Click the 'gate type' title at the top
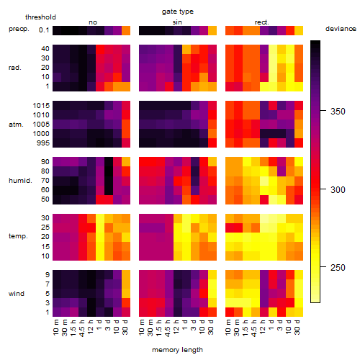coord(178,12)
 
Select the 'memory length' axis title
coord(177,350)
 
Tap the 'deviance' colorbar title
coord(341,29)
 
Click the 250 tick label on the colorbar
coord(338,267)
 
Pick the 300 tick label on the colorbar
coord(338,190)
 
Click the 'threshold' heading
coord(40,17)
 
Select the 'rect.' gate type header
coord(262,22)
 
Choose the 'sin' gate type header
coord(177,22)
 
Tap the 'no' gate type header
coord(93,22)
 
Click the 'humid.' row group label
coord(20,181)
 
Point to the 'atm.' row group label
coord(16,125)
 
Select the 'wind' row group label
coord(17,294)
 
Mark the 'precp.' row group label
coord(19,29)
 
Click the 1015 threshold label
coord(41,106)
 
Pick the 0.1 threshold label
coord(44,30)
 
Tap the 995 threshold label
coord(43,143)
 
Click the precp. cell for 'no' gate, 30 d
coord(126,30)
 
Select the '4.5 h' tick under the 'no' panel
coord(82,328)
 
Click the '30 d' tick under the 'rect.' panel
coord(297,327)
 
